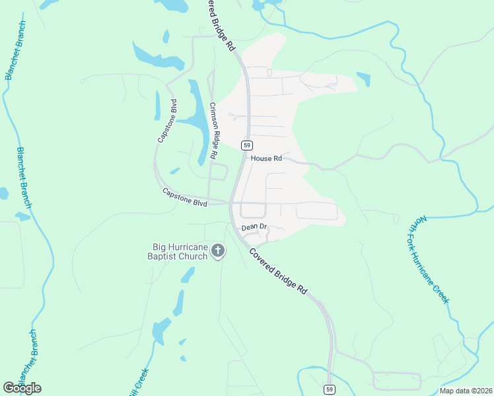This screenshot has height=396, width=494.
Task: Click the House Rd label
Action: pyautogui.click(x=266, y=158)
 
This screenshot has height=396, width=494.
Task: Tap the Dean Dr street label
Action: pyautogui.click(x=254, y=227)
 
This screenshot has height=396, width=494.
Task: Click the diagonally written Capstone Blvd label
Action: pyautogui.click(x=167, y=121)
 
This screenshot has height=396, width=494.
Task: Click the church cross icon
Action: pyautogui.click(x=219, y=251)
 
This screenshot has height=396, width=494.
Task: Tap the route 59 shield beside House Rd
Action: pyautogui.click(x=247, y=145)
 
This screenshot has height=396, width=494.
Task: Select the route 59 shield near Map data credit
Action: pyautogui.click(x=329, y=389)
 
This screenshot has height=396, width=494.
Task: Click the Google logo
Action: pyautogui.click(x=22, y=388)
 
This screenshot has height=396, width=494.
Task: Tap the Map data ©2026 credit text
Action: pyautogui.click(x=466, y=391)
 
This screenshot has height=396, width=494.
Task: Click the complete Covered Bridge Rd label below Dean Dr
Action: pyautogui.click(x=279, y=271)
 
